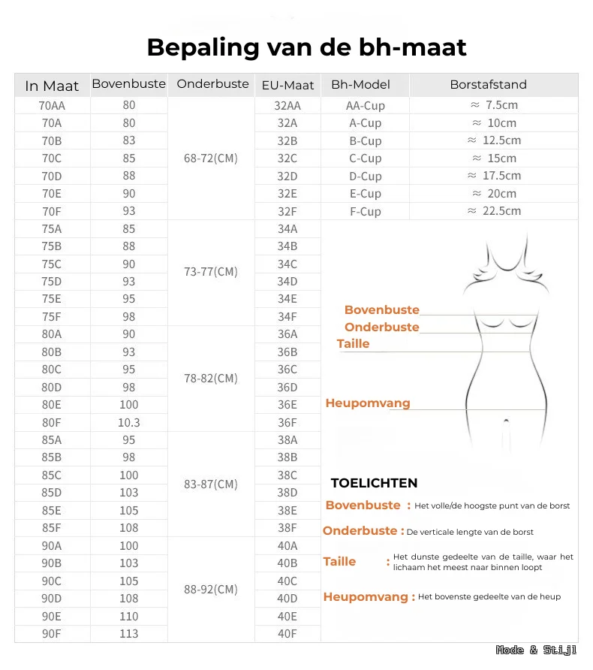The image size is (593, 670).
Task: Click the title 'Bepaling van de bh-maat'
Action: pyautogui.click(x=306, y=47)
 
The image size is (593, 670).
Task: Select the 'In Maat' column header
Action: pyautogui.click(x=52, y=86)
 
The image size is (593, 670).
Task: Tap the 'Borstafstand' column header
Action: pyautogui.click(x=488, y=85)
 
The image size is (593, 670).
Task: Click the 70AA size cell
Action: pyautogui.click(x=52, y=106)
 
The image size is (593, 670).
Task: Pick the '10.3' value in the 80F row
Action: pyautogui.click(x=128, y=423)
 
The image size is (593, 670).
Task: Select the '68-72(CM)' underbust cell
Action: pyautogui.click(x=210, y=158)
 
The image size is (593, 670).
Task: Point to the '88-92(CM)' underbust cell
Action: pyautogui.click(x=210, y=590)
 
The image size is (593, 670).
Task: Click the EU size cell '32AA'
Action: pyautogui.click(x=287, y=106)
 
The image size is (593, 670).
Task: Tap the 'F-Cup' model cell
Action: pyautogui.click(x=365, y=212)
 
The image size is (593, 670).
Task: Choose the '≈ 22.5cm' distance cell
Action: pyautogui.click(x=494, y=211)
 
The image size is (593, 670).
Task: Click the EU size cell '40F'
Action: pyautogui.click(x=287, y=634)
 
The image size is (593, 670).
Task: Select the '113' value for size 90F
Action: pyautogui.click(x=128, y=634)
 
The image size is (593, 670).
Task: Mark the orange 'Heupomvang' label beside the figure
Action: pyautogui.click(x=368, y=403)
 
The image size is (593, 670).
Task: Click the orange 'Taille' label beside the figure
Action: pyautogui.click(x=353, y=344)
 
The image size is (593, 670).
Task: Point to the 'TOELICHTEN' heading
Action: pyautogui.click(x=374, y=483)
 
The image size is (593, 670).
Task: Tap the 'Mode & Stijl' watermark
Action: pyautogui.click(x=536, y=650)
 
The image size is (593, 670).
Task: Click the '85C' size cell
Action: pyautogui.click(x=52, y=475)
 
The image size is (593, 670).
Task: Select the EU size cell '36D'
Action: pyautogui.click(x=287, y=388)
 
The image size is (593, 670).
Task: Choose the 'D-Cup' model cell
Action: pyautogui.click(x=365, y=177)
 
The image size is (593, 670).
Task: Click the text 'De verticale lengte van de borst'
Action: pyautogui.click(x=470, y=533)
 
